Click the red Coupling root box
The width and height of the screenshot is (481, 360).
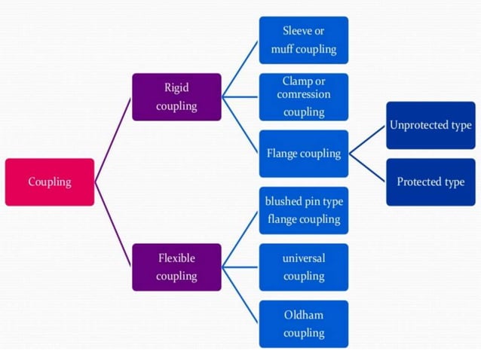point(50,182)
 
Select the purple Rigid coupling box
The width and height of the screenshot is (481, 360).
point(176,96)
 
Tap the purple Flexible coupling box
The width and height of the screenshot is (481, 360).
point(176,267)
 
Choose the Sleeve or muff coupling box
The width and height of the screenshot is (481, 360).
point(303,40)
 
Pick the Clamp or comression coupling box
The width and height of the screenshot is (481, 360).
point(303,96)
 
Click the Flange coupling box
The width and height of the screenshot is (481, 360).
point(303,154)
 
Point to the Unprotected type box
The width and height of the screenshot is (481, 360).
point(430,125)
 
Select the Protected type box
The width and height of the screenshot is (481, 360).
point(430,182)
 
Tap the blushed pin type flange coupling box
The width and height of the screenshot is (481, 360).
point(303,210)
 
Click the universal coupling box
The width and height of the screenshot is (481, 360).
point(303,267)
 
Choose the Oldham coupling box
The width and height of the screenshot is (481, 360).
point(303,324)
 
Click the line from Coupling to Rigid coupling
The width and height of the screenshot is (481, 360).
point(113,139)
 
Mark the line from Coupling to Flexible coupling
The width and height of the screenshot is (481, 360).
point(113,224)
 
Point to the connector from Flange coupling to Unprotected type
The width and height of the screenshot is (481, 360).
point(368,139)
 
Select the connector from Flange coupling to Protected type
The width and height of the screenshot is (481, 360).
point(368,167)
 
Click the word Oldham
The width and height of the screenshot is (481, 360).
point(304,315)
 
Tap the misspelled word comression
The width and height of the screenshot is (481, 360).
point(304,95)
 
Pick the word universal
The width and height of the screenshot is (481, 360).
point(304,258)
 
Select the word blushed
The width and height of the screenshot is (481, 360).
point(283,201)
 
